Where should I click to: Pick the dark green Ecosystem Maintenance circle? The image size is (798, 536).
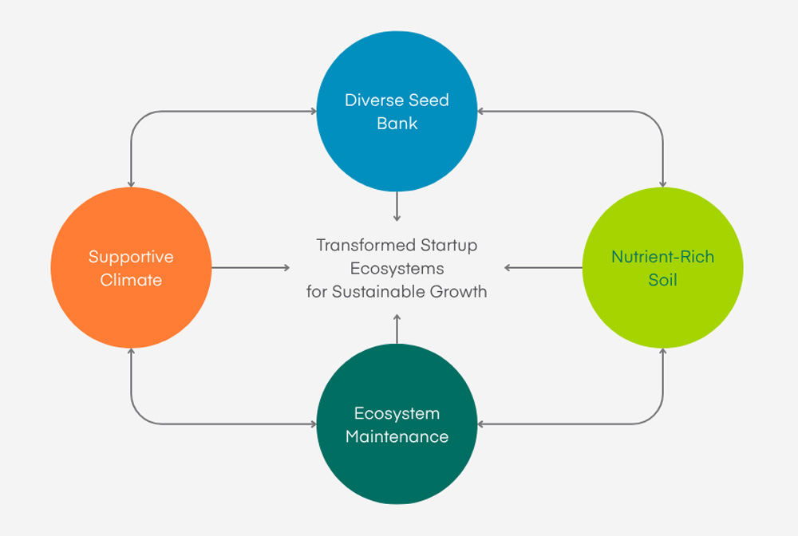tap(397, 471)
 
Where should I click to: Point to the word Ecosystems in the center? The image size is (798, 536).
tap(397, 268)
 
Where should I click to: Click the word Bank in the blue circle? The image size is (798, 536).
tap(397, 124)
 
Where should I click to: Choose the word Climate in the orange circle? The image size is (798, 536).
tap(131, 281)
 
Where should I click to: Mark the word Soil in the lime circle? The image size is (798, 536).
tap(662, 281)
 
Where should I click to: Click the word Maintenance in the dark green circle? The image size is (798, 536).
tap(397, 437)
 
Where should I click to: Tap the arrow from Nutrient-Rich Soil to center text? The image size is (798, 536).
tap(543, 268)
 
